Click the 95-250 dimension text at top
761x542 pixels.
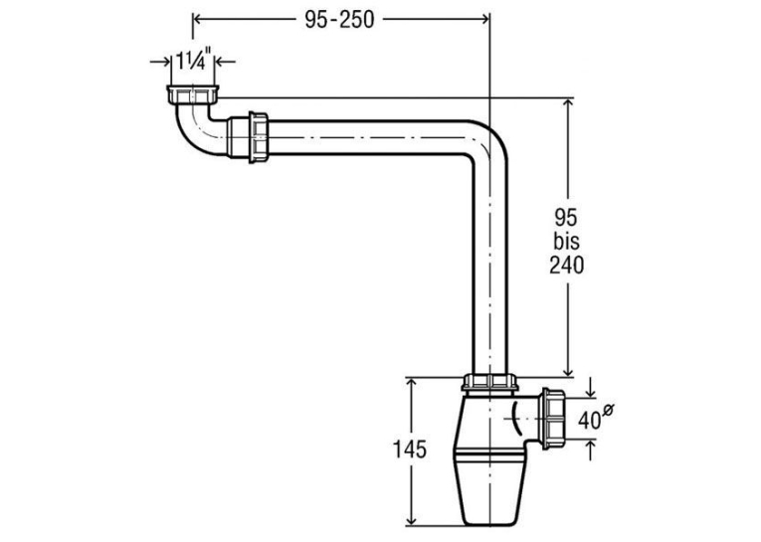(339, 20)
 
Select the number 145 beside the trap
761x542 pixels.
(409, 450)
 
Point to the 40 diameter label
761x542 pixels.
(595, 418)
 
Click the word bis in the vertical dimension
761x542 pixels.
(566, 241)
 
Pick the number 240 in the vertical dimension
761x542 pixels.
(566, 265)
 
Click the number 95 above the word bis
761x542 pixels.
(566, 218)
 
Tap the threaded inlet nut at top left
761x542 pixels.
(193, 94)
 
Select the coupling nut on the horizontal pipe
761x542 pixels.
(259, 137)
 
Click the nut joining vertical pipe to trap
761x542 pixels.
(490, 383)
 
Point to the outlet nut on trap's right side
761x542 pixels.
(554, 419)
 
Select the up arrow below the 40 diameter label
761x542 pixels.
(591, 450)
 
